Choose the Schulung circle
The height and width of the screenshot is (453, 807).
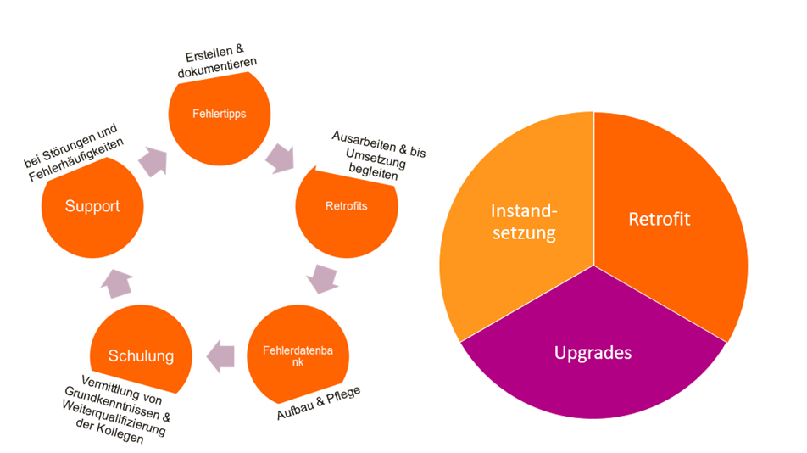click(x=141, y=353)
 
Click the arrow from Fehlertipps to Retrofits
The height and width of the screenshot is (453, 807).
click(x=280, y=157)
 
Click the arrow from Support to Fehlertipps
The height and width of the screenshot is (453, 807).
click(x=153, y=160)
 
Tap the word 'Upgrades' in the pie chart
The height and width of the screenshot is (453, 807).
click(x=593, y=352)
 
